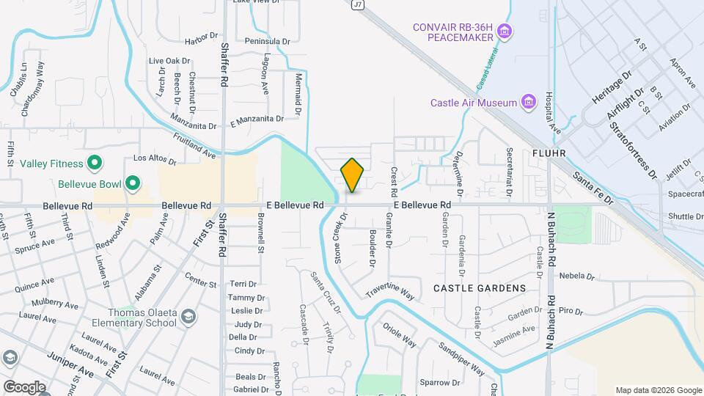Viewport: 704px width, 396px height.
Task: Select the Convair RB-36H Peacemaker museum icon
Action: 504,32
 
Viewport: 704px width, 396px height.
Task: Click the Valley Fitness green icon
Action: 94,163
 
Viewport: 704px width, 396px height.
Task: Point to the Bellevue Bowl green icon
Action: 133,183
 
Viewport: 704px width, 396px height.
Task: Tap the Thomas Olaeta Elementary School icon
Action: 188,316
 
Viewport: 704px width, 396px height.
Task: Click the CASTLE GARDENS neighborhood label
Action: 480,288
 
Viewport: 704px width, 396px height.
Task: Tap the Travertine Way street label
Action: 390,291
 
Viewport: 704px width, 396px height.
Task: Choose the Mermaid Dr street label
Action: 298,95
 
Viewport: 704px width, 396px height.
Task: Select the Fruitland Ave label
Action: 194,147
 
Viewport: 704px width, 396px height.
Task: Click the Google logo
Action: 24,386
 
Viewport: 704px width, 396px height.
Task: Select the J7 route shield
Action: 358,4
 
